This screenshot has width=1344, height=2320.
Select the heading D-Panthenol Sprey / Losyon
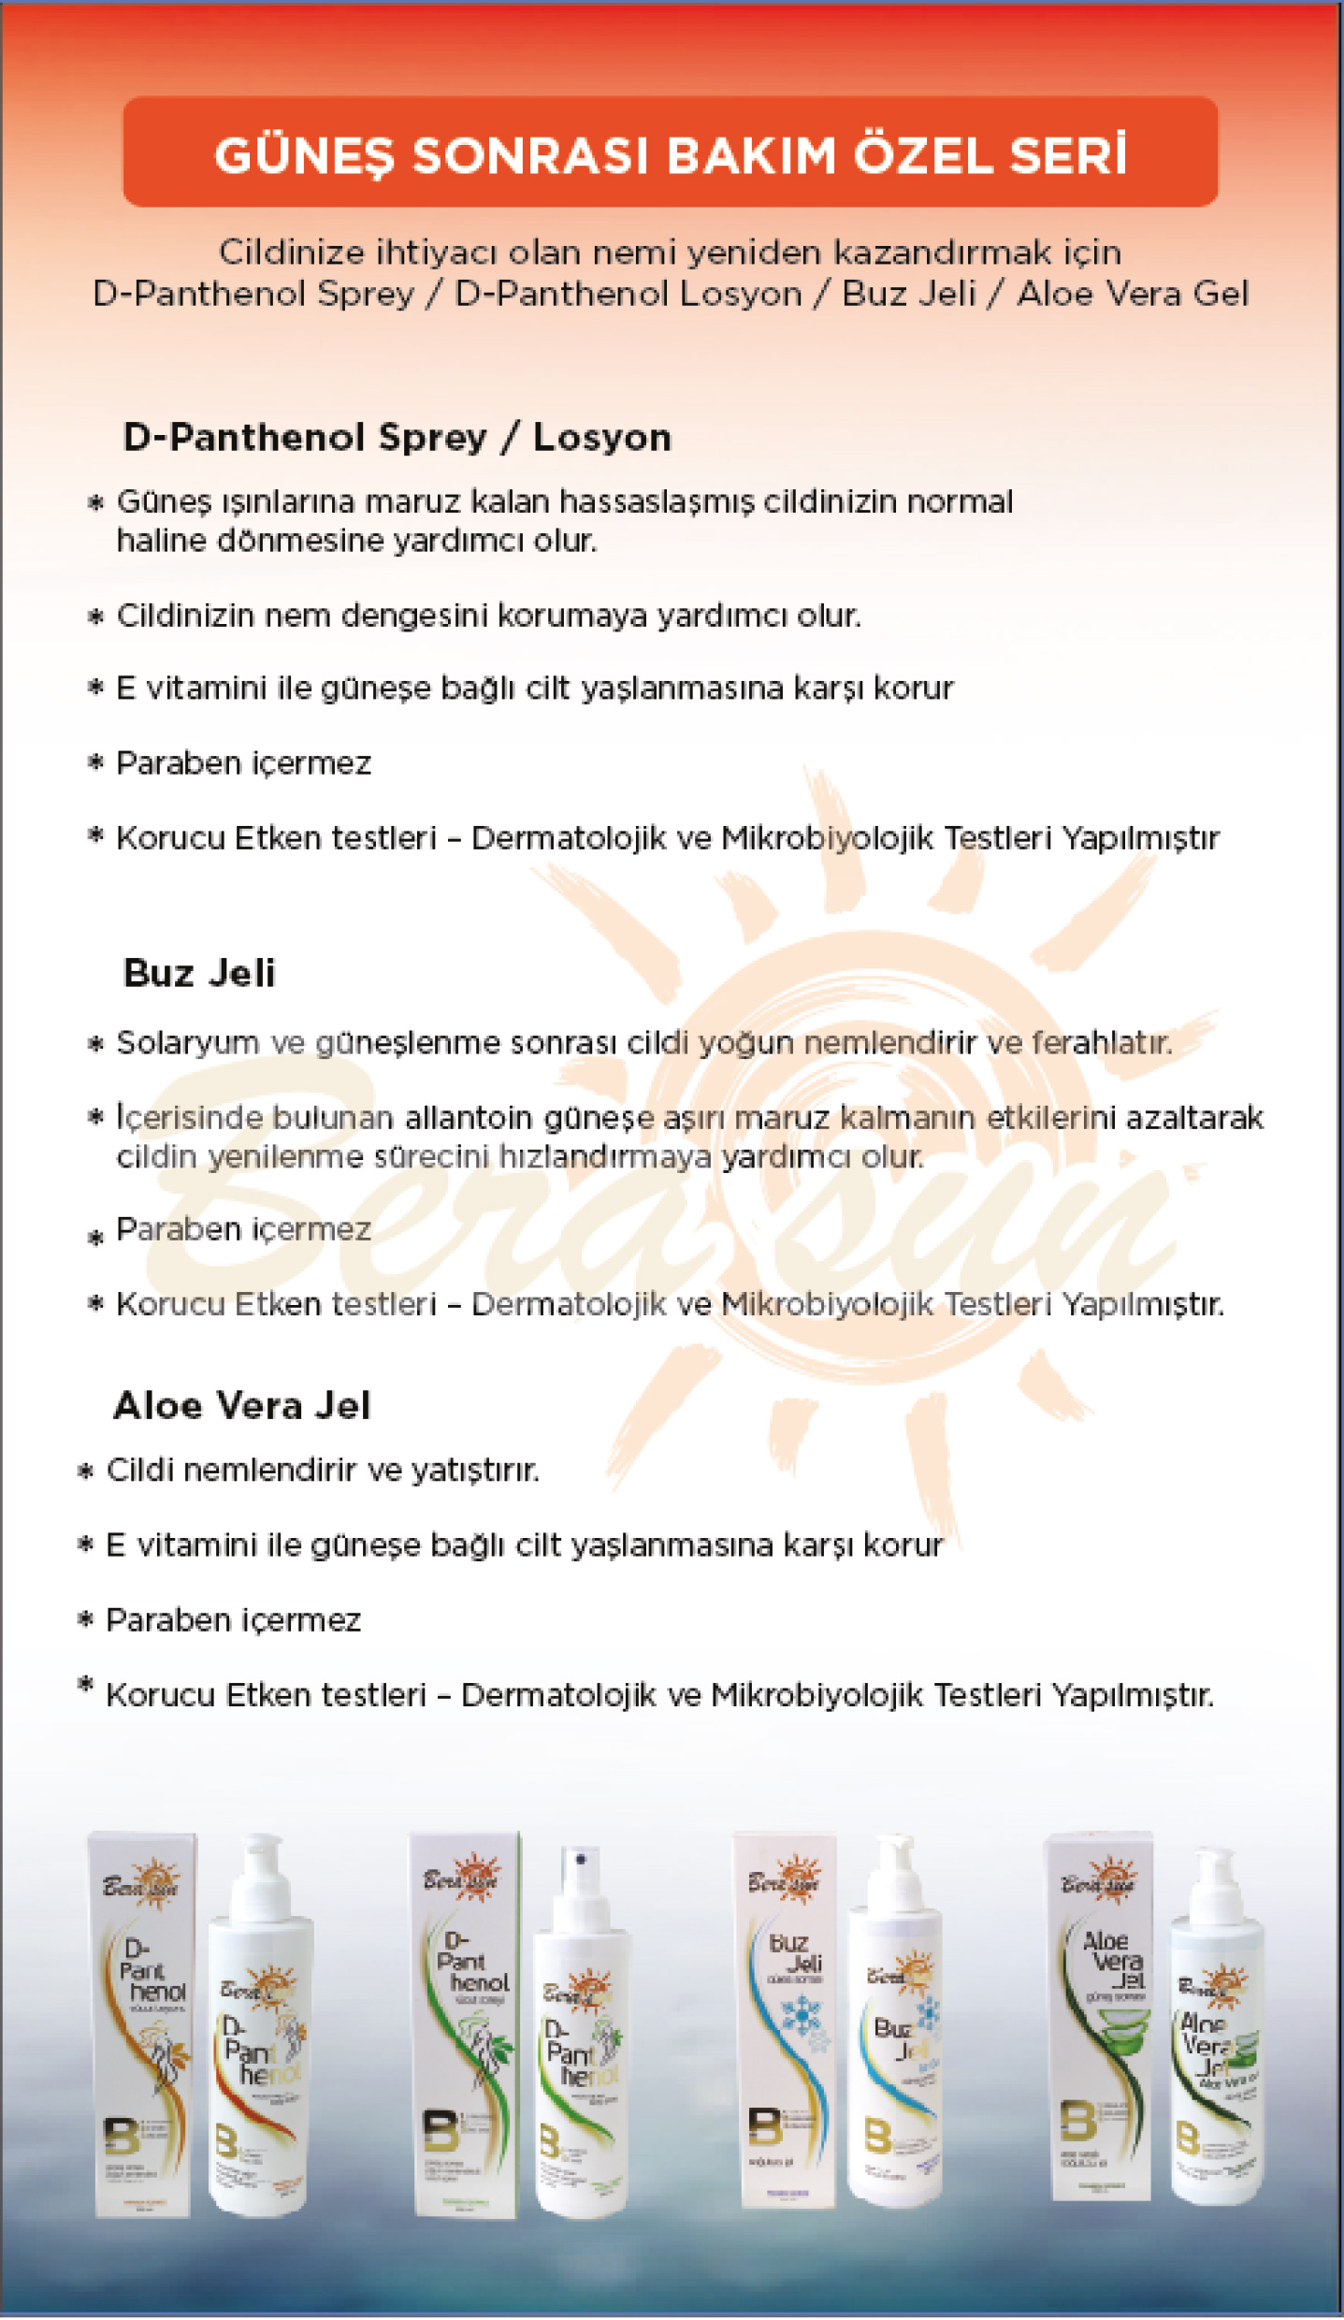click(x=397, y=438)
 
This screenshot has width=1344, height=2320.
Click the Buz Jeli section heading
click(x=199, y=974)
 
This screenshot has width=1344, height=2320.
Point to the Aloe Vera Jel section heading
click(x=242, y=1406)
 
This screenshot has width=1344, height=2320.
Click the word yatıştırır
click(x=476, y=1471)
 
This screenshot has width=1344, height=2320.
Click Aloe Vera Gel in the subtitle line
click(x=1132, y=294)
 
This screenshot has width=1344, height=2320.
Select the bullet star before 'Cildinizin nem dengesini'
click(x=94, y=617)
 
